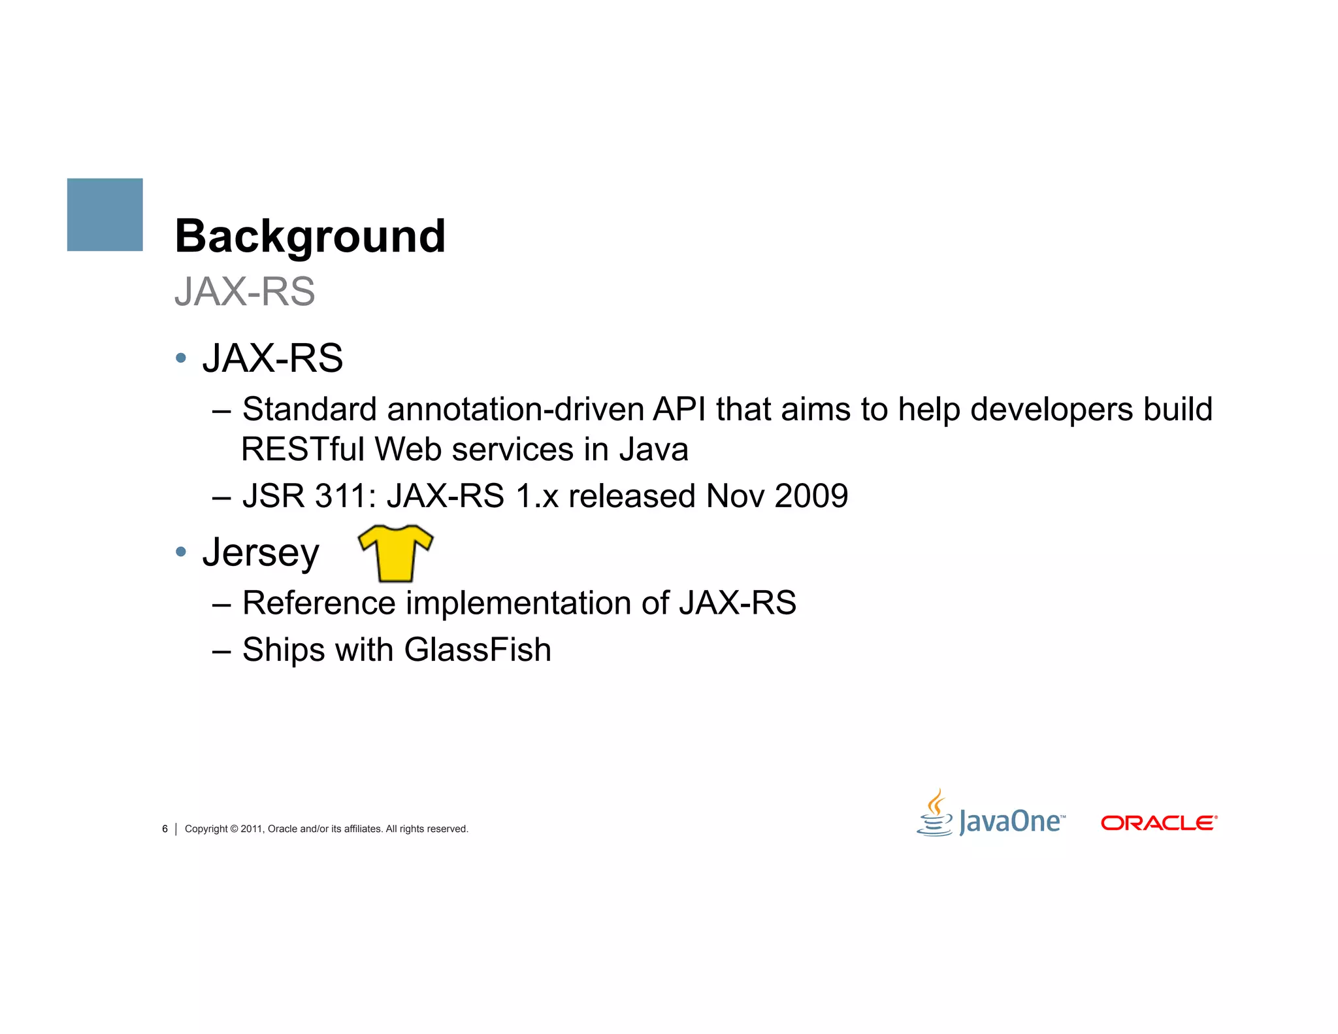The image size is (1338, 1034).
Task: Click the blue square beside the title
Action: (105, 214)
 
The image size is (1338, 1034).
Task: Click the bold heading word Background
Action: (310, 236)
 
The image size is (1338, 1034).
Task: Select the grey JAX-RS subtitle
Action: (245, 292)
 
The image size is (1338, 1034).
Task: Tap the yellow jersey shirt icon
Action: (396, 553)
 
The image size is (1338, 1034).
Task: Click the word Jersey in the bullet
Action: (261, 553)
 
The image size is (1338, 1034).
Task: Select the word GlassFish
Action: (478, 650)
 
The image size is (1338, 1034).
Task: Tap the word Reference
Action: (319, 603)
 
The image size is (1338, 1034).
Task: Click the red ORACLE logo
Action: (1158, 823)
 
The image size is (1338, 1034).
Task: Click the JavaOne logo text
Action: (1011, 822)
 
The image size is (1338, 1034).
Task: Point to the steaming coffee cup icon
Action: (936, 814)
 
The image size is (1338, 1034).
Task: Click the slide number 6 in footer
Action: (165, 829)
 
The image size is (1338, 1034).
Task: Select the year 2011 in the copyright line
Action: (252, 829)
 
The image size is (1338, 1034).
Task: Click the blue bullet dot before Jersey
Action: (181, 552)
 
